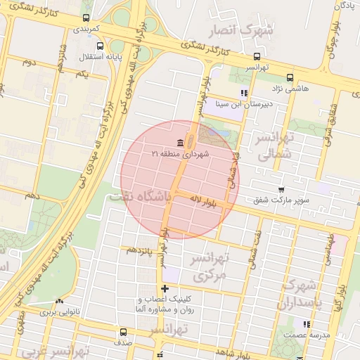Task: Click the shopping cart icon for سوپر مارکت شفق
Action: click(x=281, y=190)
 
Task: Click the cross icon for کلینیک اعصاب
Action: click(x=165, y=288)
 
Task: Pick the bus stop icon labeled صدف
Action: click(x=124, y=332)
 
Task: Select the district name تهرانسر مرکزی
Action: click(x=210, y=267)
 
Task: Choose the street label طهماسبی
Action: click(x=328, y=250)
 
